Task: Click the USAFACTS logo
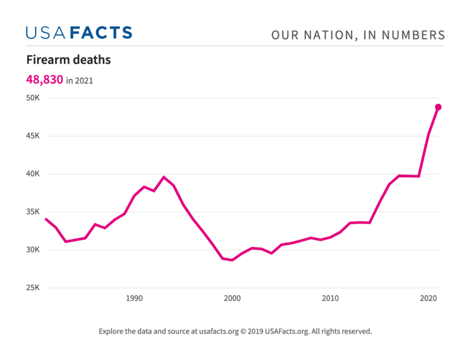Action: coord(79,33)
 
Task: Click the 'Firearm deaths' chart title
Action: coord(68,60)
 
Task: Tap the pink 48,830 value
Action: coord(44,80)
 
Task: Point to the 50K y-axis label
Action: coord(33,98)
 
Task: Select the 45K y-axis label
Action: coord(33,136)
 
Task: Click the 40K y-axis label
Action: coord(33,174)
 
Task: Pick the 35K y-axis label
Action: coord(33,212)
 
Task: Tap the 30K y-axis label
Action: coord(33,250)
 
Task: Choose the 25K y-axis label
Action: coord(33,288)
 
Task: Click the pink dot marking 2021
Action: coord(438,107)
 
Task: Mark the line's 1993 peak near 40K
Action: coord(164,177)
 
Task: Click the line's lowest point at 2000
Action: coord(232,260)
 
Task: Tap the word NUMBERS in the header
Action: coord(415,35)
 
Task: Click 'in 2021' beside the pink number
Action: coord(80,80)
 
